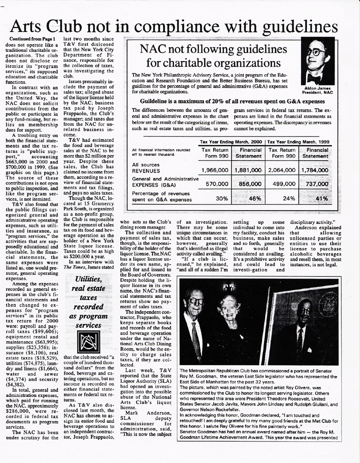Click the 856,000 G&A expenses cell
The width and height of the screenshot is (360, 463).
(251, 183)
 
